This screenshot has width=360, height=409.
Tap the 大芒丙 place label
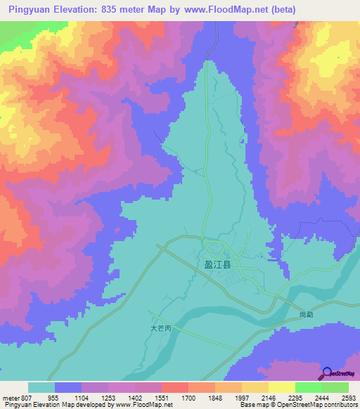(161, 328)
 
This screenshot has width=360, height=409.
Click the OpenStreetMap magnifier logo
(328, 374)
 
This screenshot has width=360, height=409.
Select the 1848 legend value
(215, 397)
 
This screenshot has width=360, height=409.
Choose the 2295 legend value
(295, 397)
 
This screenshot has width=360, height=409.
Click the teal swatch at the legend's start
(41, 387)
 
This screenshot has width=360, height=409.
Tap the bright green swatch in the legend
(308, 387)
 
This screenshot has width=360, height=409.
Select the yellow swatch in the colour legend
(281, 387)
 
